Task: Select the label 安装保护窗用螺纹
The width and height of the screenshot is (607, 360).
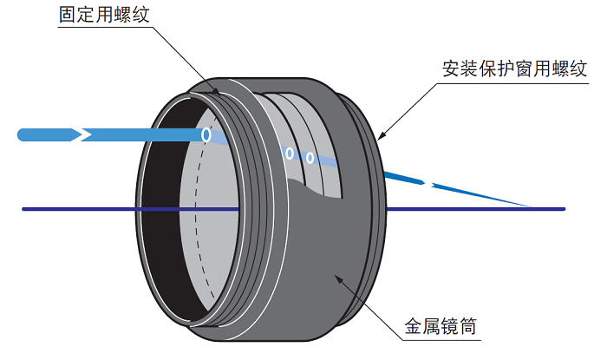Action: [515, 69]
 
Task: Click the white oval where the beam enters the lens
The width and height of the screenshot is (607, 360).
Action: [206, 135]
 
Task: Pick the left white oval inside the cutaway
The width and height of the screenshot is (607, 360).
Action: [290, 154]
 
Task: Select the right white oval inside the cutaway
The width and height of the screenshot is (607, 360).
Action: [310, 158]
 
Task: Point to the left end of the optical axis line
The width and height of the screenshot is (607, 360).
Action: [23, 208]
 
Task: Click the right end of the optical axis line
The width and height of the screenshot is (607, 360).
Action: [565, 208]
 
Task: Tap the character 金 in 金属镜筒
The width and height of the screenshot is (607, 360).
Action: [414, 327]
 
